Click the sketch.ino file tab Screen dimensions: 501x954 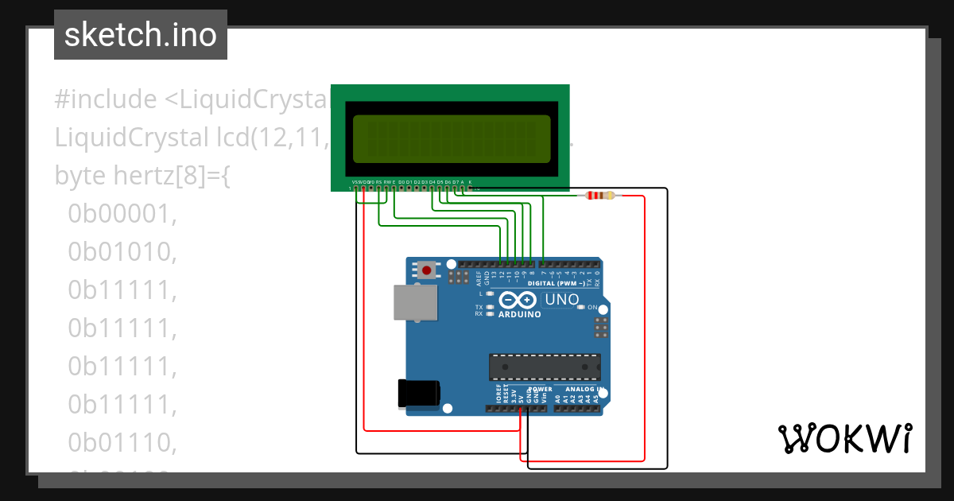coord(141,35)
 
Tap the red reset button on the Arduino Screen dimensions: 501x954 coord(427,270)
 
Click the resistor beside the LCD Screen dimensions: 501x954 coord(599,196)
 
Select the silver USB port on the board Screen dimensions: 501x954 coord(416,302)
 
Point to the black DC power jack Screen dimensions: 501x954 coord(418,393)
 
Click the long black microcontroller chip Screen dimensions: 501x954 coord(545,366)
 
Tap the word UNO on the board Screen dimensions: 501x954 coord(561,300)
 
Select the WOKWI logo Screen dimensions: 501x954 coord(844,438)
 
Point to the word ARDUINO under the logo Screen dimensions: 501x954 coord(519,314)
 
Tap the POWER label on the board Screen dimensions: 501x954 coord(540,390)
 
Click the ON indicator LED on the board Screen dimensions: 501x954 coord(580,307)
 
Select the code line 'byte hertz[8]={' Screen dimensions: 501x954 coord(142,175)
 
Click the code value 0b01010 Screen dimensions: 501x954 coord(122,251)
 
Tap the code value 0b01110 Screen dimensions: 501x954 coord(122,442)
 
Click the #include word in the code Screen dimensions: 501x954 coord(106,99)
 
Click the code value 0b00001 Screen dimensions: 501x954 coord(122,213)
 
